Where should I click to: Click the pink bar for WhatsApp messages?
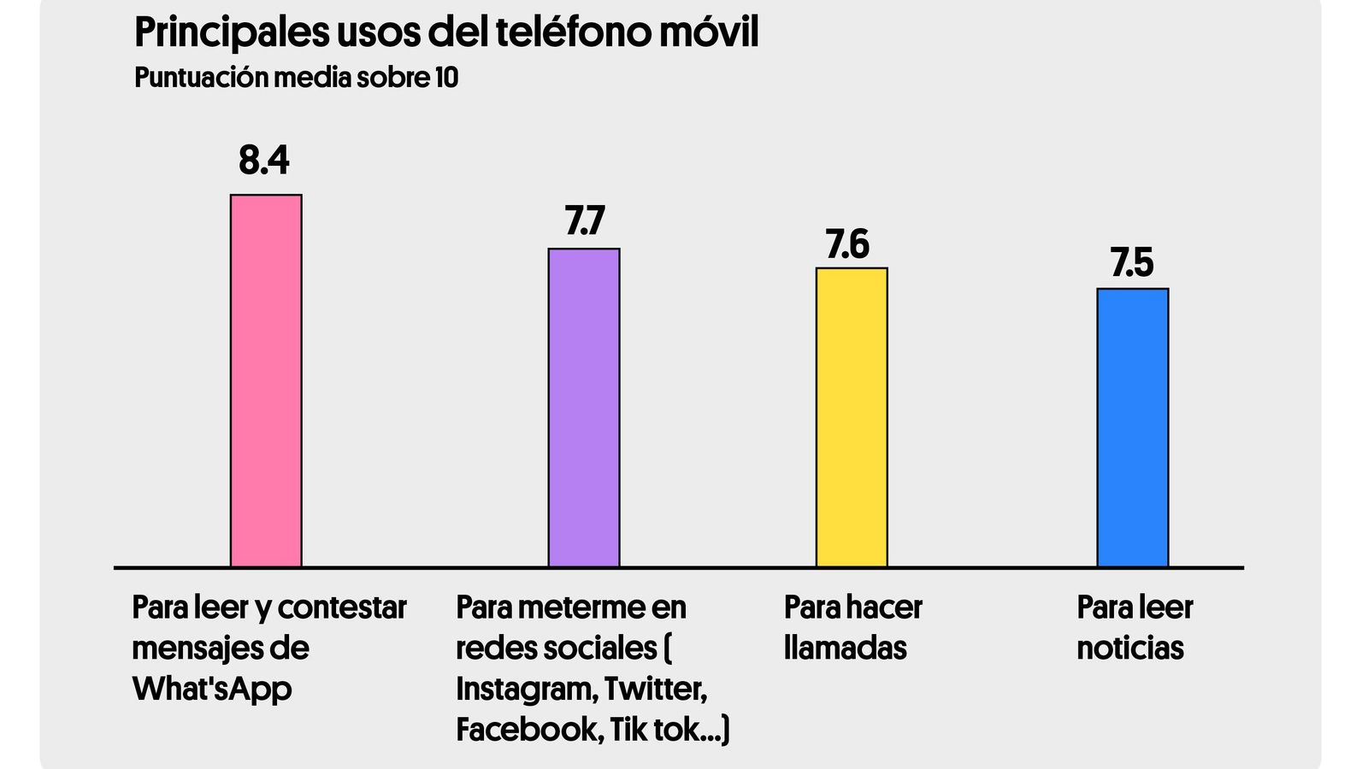tap(266, 380)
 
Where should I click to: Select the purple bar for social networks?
tap(584, 408)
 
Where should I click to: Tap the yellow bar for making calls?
tap(852, 417)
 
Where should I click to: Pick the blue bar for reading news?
tap(1133, 427)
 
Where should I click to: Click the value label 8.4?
tap(264, 160)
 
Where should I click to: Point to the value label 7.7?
tap(584, 220)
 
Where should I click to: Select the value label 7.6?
tap(847, 244)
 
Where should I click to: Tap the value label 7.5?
tap(1132, 262)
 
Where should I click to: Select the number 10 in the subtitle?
tap(446, 78)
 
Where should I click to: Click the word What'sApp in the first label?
tap(212, 689)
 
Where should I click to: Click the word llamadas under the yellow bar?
tap(845, 648)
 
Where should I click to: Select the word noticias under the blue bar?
tap(1129, 648)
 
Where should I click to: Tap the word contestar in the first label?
tap(342, 608)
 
